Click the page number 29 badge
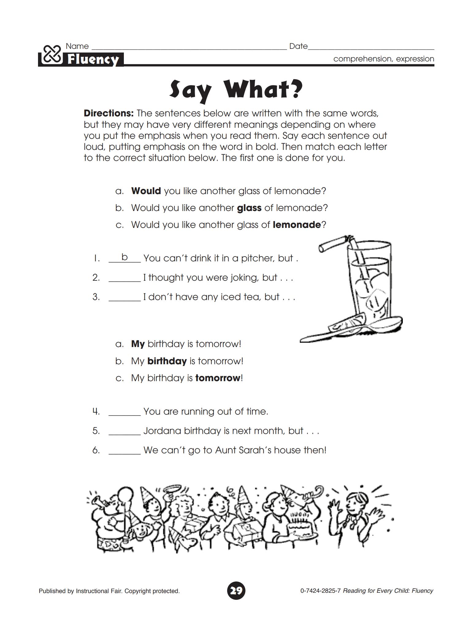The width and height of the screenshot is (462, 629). tap(236, 590)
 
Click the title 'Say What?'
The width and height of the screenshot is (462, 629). tap(236, 90)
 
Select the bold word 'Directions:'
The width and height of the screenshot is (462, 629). tap(109, 113)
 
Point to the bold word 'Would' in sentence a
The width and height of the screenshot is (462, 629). tap(146, 191)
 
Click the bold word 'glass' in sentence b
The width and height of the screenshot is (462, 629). tap(249, 208)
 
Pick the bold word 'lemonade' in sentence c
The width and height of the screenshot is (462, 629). tap(296, 225)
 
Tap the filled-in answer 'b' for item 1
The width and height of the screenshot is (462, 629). tap(124, 257)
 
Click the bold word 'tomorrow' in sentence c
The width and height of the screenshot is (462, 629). tap(218, 378)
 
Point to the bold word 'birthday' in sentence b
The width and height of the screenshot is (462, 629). tap(167, 361)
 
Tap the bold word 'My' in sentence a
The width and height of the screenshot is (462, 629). tap(138, 344)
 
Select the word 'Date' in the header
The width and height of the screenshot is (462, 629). tap(298, 46)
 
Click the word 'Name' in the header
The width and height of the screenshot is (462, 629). tap(77, 46)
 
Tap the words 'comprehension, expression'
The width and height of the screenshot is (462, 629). tap(384, 59)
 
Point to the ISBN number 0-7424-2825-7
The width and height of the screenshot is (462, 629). tap(320, 591)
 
